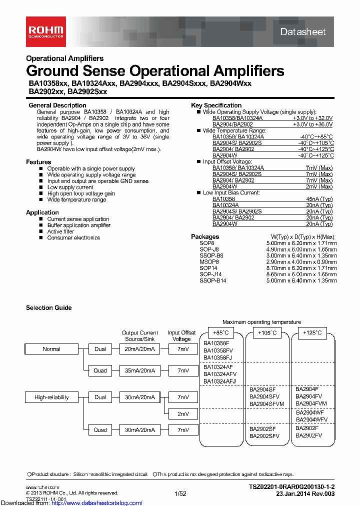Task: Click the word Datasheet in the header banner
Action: point(302,31)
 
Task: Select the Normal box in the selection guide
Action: point(51,349)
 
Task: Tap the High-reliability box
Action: point(51,397)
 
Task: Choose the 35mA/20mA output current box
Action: point(139,371)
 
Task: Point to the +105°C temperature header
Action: point(265,333)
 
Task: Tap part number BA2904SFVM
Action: point(266,404)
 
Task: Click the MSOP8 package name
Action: point(209,261)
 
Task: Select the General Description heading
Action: point(57,105)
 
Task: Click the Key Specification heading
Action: point(216,105)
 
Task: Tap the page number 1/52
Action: point(180,493)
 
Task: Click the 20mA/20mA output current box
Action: point(139,349)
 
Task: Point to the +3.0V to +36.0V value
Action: point(312,124)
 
